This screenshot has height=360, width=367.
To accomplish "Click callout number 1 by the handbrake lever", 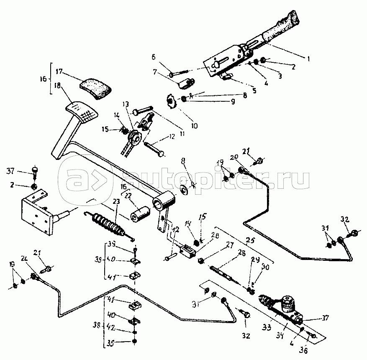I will (308, 59).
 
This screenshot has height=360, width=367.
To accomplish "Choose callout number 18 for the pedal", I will (57, 85).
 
